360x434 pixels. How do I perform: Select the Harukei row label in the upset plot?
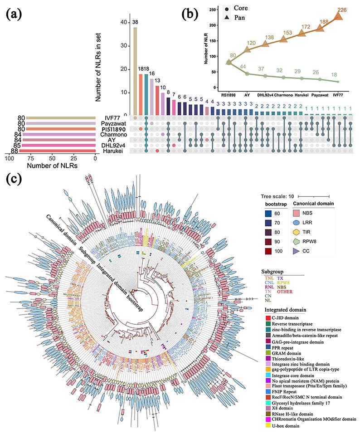coord(111,151)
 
